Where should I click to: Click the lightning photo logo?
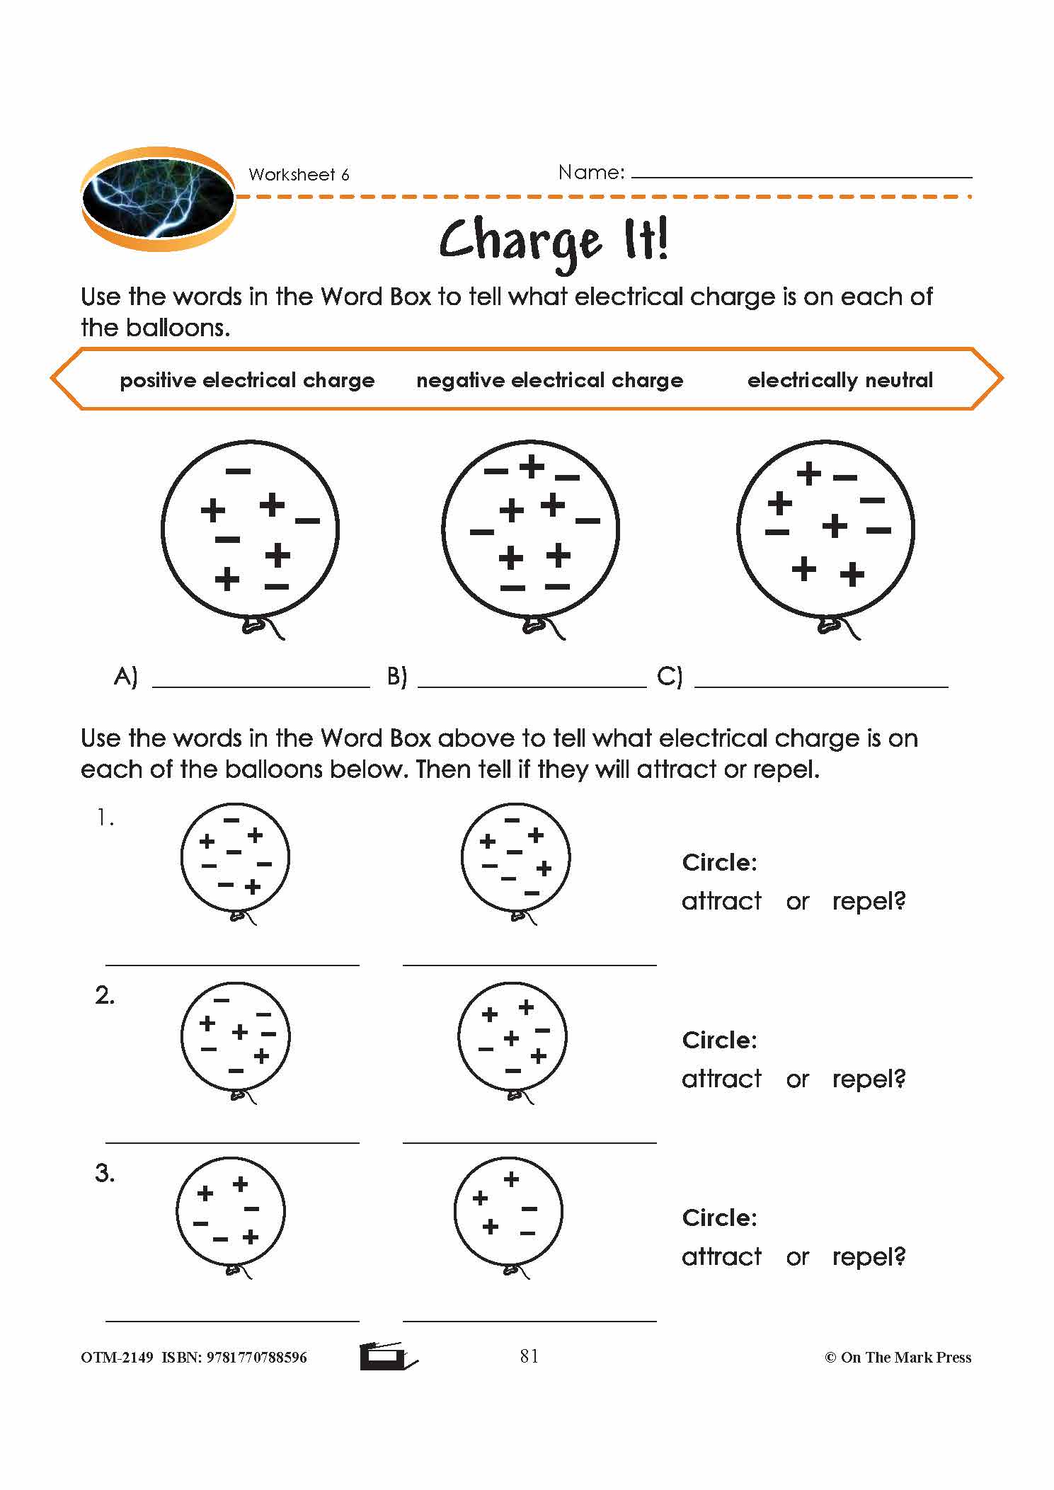tap(158, 198)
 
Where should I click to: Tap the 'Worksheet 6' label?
tap(299, 175)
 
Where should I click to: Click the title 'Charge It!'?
tap(553, 241)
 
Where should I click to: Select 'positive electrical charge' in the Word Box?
tap(247, 380)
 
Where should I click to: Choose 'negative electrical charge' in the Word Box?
tap(549, 380)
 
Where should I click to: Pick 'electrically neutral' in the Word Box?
tap(840, 380)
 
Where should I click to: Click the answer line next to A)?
tap(260, 684)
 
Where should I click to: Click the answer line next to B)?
tap(532, 684)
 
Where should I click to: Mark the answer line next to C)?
tap(821, 684)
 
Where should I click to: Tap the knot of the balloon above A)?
tap(253, 625)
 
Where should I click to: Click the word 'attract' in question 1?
tap(721, 901)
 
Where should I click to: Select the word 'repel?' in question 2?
tap(869, 1079)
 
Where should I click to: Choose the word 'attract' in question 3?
tap(721, 1256)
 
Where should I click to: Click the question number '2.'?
tap(105, 996)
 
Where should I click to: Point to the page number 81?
tap(529, 1356)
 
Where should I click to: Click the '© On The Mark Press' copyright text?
tap(898, 1358)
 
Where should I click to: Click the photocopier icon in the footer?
tap(387, 1356)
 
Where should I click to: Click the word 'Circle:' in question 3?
tap(719, 1217)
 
